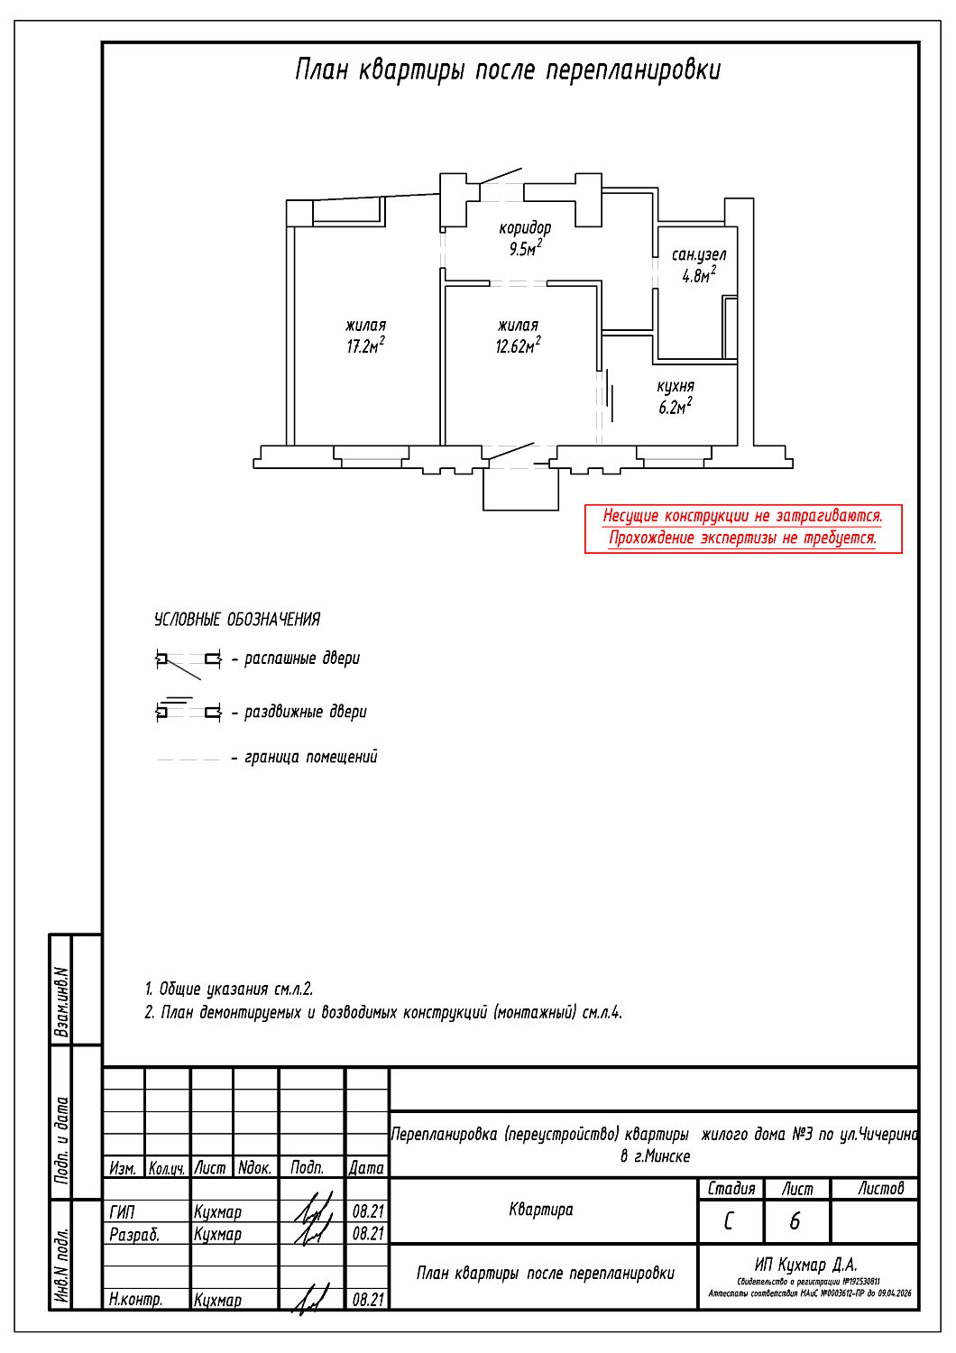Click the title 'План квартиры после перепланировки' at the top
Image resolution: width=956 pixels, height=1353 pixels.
(508, 70)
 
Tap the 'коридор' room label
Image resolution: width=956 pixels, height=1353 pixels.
(525, 228)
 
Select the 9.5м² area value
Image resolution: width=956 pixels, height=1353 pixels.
(525, 249)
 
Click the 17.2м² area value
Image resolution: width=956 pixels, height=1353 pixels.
(365, 346)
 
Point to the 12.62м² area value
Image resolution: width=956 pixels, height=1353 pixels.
(518, 346)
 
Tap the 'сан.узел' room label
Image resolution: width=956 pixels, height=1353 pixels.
(698, 255)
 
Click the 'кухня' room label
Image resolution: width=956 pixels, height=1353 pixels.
(676, 387)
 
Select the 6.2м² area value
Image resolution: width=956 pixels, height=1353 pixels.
(675, 408)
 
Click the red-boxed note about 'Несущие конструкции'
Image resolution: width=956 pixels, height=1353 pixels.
(742, 528)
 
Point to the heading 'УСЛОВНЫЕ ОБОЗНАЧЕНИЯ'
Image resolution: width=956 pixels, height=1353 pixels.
(237, 620)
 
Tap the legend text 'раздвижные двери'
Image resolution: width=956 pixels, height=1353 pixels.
(306, 712)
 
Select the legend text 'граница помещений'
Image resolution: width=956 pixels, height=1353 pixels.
(310, 757)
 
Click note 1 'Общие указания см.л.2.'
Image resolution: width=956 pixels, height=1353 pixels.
(229, 989)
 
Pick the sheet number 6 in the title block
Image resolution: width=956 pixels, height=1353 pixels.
(795, 1221)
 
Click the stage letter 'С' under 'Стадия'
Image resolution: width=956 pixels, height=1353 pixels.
(730, 1221)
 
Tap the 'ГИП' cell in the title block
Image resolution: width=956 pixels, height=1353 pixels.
(122, 1212)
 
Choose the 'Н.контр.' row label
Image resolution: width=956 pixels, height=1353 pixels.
(136, 1300)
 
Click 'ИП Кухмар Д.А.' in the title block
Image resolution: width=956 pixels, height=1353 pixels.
(805, 1265)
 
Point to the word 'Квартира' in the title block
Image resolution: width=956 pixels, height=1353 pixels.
(541, 1210)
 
